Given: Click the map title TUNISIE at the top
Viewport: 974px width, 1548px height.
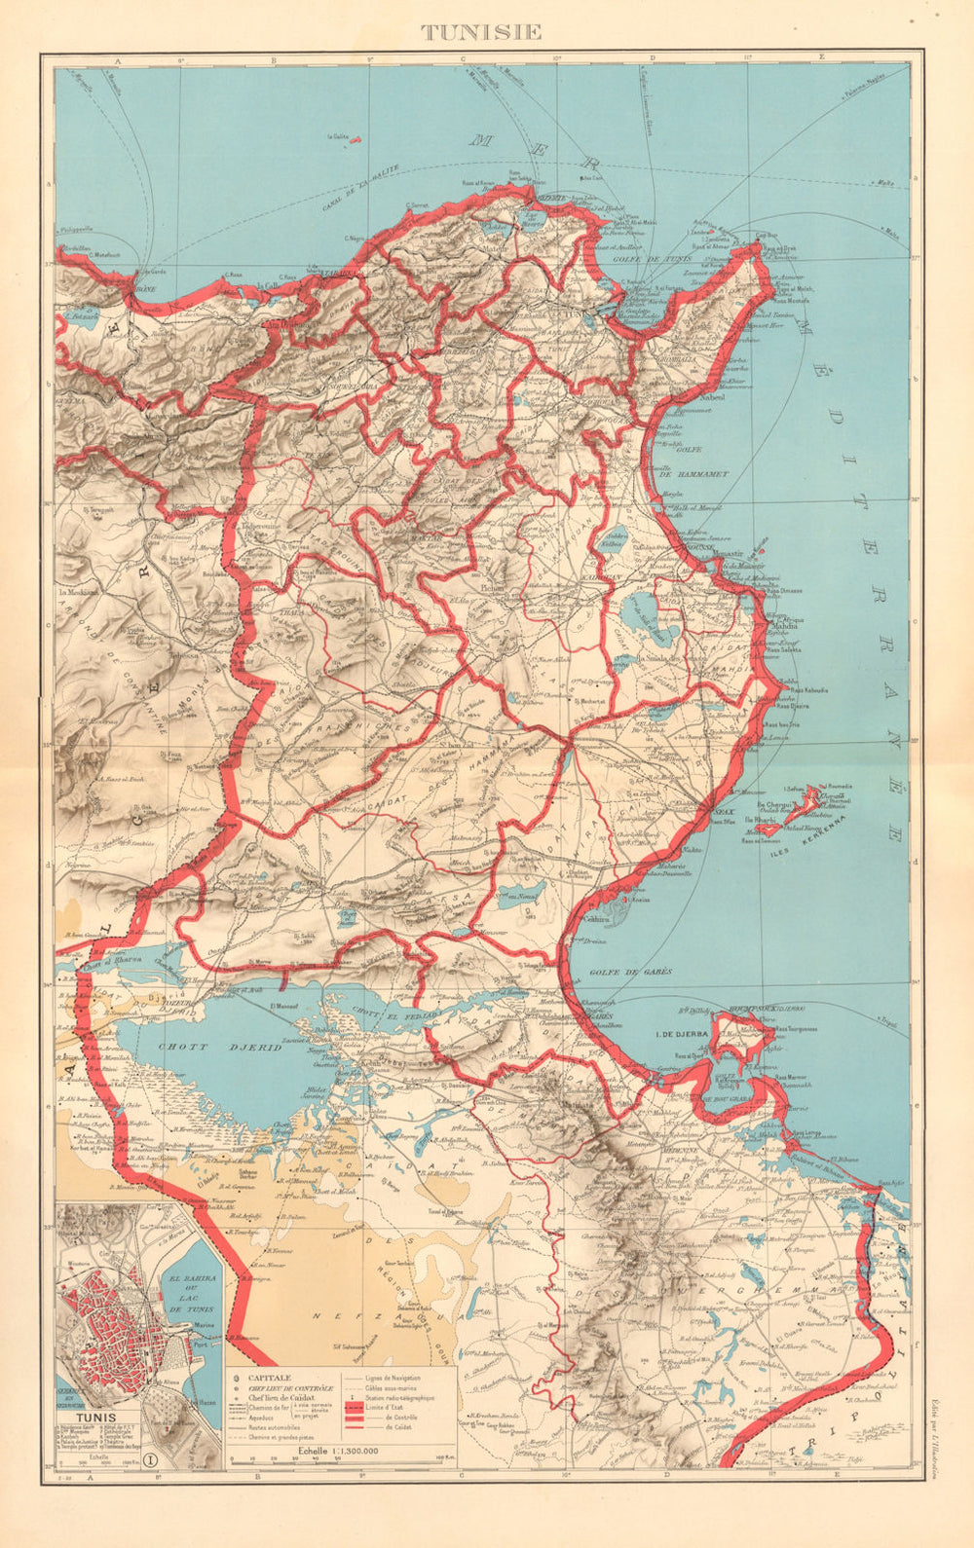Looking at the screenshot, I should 481,31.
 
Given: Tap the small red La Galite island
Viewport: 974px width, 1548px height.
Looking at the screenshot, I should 358,139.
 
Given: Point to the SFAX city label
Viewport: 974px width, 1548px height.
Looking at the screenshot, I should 723,810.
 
